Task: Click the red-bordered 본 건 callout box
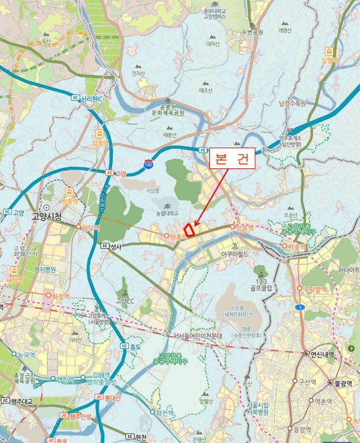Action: pyautogui.click(x=232, y=158)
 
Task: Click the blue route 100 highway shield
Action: pyautogui.click(x=148, y=164)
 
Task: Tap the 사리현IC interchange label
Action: pyautogui.click(x=91, y=99)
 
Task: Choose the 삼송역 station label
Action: pyautogui.click(x=101, y=144)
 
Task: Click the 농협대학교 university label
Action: pyautogui.click(x=167, y=213)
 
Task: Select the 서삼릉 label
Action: pyautogui.click(x=152, y=190)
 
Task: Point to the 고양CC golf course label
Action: pyautogui.click(x=125, y=301)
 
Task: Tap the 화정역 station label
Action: pyautogui.click(x=61, y=295)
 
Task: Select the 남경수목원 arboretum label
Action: pyautogui.click(x=292, y=103)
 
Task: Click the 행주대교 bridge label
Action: pyautogui.click(x=21, y=401)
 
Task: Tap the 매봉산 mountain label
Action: pyautogui.click(x=170, y=135)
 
